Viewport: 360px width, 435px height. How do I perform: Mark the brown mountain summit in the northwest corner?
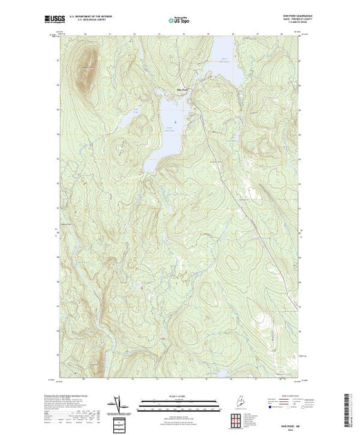point(87,66)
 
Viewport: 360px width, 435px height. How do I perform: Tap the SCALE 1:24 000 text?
point(179,396)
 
